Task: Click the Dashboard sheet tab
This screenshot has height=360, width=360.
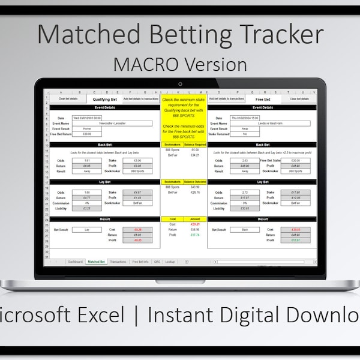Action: (x=75, y=262)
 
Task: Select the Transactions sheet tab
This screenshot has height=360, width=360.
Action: (x=118, y=262)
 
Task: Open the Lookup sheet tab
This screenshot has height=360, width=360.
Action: (x=170, y=262)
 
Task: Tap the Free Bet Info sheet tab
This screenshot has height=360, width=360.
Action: (x=140, y=262)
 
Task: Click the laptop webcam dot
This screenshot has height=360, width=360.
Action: (x=180, y=84)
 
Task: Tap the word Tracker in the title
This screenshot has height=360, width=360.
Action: (x=272, y=35)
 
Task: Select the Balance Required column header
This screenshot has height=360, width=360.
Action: (x=194, y=145)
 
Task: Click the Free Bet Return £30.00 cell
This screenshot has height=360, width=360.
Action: (x=82, y=134)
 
